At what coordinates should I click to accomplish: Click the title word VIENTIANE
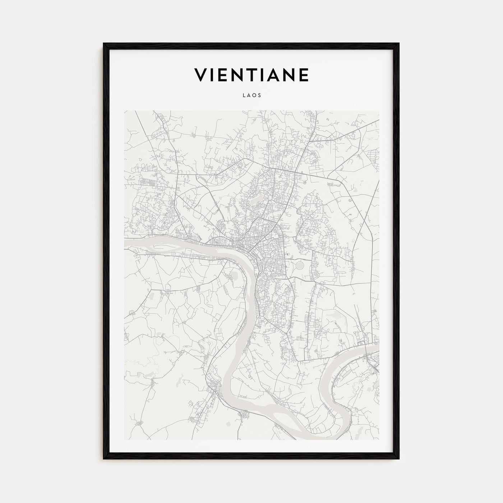point(251,75)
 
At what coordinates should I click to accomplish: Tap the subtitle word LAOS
point(251,96)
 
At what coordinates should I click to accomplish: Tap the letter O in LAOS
point(254,96)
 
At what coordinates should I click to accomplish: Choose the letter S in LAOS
point(259,96)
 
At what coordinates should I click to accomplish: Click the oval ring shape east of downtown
point(300,266)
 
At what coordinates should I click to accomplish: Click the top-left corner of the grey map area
point(124,111)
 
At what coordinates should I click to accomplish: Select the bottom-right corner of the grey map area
point(379,440)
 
